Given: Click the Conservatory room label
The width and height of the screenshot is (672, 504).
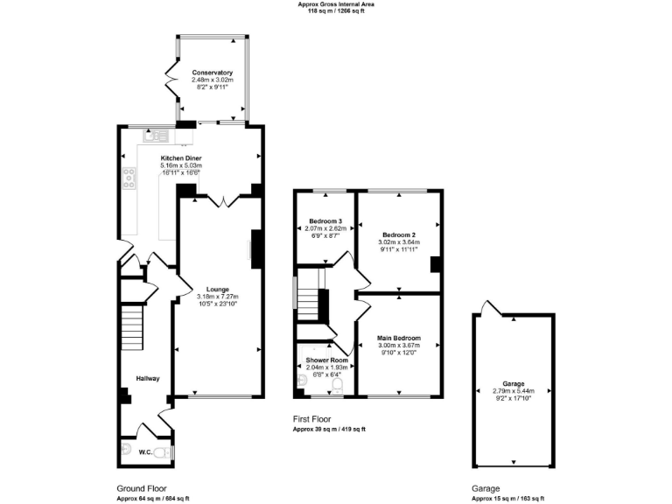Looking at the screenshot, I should click(x=212, y=73).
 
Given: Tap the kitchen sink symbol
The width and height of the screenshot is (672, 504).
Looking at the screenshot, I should click(x=157, y=136).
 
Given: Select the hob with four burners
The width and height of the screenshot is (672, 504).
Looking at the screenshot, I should click(x=129, y=178).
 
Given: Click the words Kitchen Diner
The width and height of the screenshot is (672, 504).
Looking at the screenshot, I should click(x=181, y=158).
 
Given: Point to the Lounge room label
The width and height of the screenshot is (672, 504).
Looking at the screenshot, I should click(x=218, y=290).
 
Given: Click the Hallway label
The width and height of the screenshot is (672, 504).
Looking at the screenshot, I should click(x=147, y=378).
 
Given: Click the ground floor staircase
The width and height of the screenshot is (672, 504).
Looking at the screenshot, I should click(x=131, y=327).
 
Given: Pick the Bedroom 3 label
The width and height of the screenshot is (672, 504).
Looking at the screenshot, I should click(x=325, y=220).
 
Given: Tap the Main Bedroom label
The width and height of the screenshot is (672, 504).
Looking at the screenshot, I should click(x=399, y=338).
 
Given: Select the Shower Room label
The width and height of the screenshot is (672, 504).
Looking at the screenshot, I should click(x=325, y=360).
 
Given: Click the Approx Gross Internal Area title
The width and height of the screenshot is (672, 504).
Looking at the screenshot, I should click(x=336, y=4).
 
